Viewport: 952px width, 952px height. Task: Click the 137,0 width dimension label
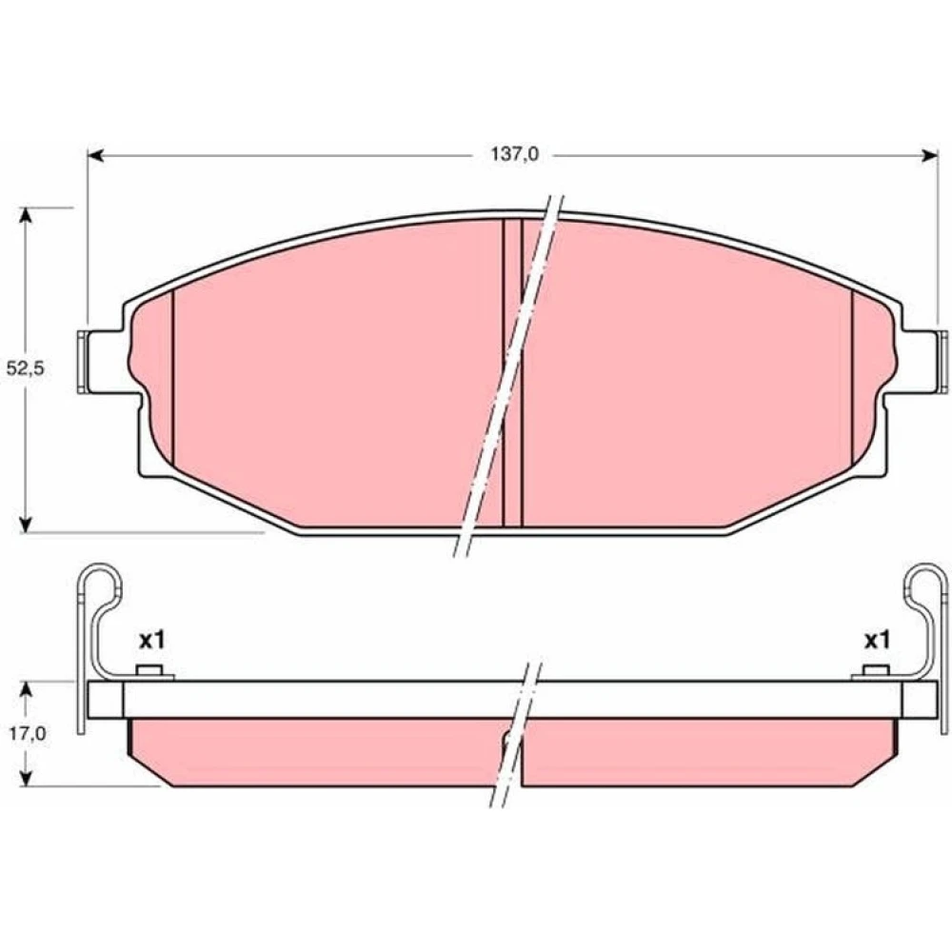tap(514, 155)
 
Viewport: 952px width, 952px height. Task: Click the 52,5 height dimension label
tap(26, 368)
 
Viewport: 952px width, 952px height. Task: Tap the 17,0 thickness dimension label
tap(27, 734)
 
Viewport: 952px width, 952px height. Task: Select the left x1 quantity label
tap(151, 640)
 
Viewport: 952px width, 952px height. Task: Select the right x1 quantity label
tap(877, 640)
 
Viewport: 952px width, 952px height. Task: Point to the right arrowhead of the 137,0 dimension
tap(929, 156)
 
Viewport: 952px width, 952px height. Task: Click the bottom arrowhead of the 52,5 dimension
tap(25, 524)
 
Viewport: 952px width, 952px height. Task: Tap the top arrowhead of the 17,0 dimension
tap(26, 690)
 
